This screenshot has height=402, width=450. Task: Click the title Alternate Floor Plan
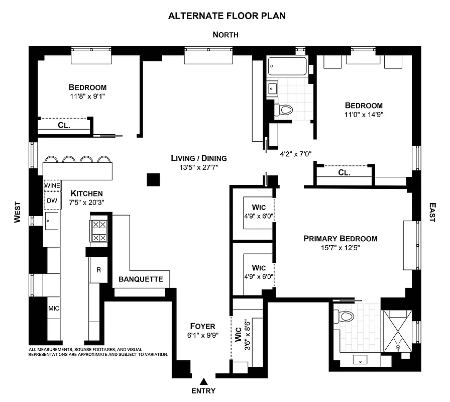click(x=227, y=16)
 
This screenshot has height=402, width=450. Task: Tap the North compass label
click(x=226, y=35)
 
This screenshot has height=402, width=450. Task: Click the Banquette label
click(x=141, y=279)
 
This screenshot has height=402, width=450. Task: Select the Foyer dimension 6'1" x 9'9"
click(x=203, y=335)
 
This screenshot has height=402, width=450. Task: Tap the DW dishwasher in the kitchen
click(x=52, y=200)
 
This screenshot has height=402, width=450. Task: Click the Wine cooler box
click(x=52, y=185)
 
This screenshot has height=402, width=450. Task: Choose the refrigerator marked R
click(x=98, y=270)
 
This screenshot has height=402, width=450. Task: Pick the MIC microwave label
click(x=53, y=308)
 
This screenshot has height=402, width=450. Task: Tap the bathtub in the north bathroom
click(x=287, y=67)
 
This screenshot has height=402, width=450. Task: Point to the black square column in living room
click(x=153, y=179)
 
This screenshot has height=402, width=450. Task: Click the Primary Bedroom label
click(x=340, y=239)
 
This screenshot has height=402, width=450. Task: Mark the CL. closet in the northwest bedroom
click(x=63, y=126)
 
